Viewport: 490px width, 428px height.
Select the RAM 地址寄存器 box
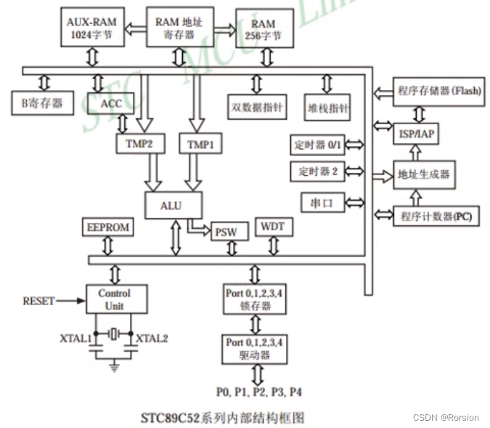point(180,27)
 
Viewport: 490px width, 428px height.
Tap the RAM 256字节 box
point(264,28)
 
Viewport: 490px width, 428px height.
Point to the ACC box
point(111,103)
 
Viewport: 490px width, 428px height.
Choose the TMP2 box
point(139,144)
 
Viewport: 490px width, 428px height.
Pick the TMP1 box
point(200,144)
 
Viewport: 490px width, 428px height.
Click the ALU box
point(173,206)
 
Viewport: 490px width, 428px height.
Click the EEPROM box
point(108,227)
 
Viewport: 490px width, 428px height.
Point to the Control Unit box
point(114,299)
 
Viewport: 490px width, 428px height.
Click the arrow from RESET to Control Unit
point(70,301)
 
